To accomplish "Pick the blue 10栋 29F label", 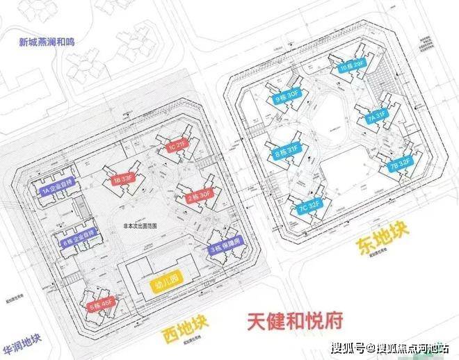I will [x=353, y=67].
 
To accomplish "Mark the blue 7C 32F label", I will [x=306, y=207].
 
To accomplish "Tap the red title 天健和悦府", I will [x=294, y=322].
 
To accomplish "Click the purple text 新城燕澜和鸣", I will [x=47, y=41].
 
